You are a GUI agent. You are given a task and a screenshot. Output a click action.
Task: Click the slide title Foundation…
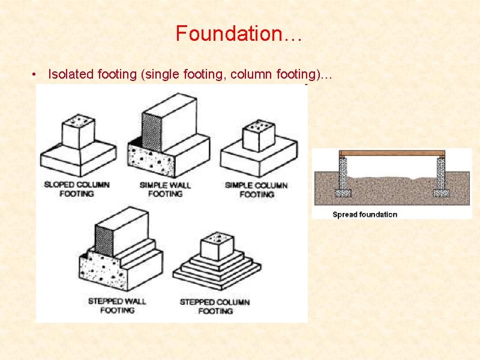click(239, 34)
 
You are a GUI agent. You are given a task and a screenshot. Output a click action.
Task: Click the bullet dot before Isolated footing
click(37, 74)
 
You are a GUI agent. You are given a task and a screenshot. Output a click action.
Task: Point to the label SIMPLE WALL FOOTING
click(165, 189)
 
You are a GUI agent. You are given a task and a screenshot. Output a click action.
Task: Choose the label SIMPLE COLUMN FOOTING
click(256, 189)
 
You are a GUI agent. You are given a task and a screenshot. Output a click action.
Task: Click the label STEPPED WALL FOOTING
click(117, 305)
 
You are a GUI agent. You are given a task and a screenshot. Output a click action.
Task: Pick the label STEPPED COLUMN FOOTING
click(215, 306)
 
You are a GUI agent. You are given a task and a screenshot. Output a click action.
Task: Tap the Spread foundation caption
click(365, 215)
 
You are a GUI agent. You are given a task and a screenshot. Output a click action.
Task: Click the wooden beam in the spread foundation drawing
click(392, 154)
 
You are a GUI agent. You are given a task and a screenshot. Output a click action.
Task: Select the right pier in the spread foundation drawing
click(441, 174)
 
